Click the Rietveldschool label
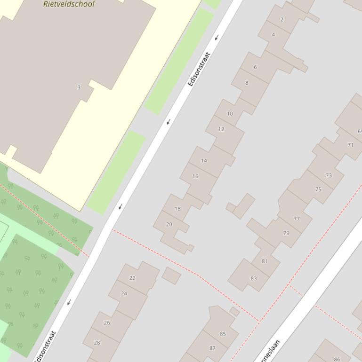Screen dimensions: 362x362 coord(69,4)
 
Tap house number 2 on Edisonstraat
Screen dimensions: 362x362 coord(282,19)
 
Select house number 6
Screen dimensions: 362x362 coord(256,67)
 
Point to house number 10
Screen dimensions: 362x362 coord(230,113)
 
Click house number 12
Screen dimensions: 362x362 coord(221,129)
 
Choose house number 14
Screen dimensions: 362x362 coord(204,160)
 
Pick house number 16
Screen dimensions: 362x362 coord(195,176)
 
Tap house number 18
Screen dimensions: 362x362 coord(177,209)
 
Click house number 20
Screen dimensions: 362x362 coord(169,224)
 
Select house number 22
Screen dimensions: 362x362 coord(132,278)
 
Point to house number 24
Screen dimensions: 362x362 coord(124,293)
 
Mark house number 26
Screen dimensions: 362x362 coord(107,323)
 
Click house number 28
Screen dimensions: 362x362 coord(97,342)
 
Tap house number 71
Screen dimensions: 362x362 coord(350,145)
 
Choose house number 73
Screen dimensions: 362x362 coord(329,175)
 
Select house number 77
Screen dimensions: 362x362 coord(297,219)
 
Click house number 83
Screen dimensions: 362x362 coord(254,278)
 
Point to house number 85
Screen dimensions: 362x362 coord(223,334)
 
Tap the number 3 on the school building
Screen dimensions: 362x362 coord(79,87)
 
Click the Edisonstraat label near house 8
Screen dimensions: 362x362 coord(198,69)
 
